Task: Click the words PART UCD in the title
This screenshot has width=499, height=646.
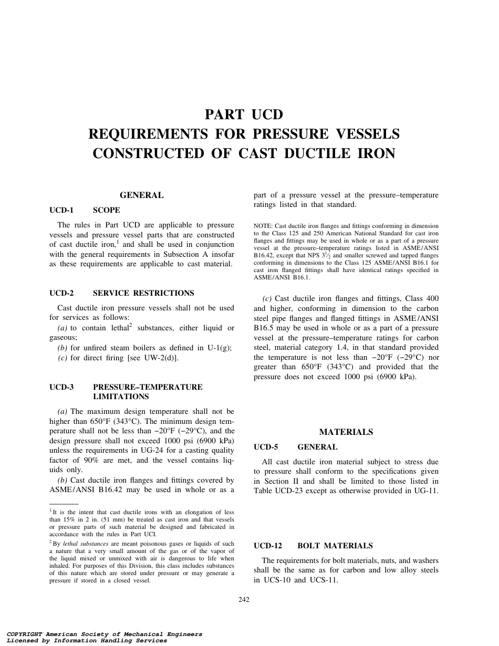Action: [244, 114]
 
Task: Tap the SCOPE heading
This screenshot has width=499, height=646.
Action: [106, 210]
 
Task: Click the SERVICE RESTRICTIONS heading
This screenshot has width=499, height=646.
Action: [143, 293]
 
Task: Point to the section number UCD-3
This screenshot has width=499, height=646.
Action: [61, 387]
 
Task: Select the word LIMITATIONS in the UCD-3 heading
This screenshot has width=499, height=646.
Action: [121, 397]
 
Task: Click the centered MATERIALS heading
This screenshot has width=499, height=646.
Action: [346, 432]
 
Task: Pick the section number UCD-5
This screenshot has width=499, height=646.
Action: [265, 447]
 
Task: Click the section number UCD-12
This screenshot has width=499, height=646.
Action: [268, 546]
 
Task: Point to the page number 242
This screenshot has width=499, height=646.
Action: [244, 600]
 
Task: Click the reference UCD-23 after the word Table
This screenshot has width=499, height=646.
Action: [297, 491]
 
